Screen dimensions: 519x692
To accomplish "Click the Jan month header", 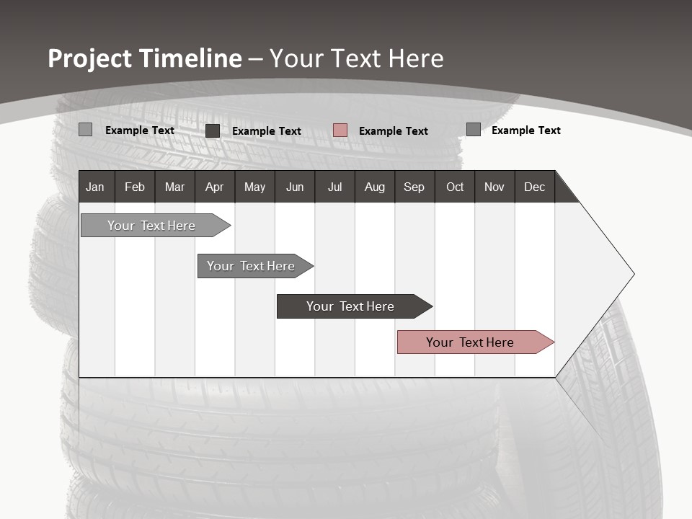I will tap(95, 187).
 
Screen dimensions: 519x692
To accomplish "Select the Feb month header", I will tap(135, 187).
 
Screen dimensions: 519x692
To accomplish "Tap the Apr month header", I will tap(214, 187).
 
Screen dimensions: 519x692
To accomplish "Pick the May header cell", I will tap(254, 187).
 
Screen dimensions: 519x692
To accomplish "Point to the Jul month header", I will tap(334, 187).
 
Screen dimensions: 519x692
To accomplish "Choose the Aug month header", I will tap(374, 187).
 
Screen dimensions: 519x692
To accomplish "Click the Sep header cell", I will tap(414, 187).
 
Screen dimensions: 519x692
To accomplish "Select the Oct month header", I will tap(455, 187).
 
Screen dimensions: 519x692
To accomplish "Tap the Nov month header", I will tap(494, 187).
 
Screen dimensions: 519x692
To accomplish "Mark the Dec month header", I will tap(534, 187).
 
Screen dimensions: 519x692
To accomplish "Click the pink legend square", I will tap(340, 130).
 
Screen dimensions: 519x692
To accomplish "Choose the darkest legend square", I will tap(213, 130).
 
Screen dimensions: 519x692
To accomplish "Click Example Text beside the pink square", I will tap(393, 130).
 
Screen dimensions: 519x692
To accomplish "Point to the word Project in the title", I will tap(90, 58).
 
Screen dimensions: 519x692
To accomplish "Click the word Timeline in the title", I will tap(190, 58).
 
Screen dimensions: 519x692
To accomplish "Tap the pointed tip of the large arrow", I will tap(632, 274).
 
